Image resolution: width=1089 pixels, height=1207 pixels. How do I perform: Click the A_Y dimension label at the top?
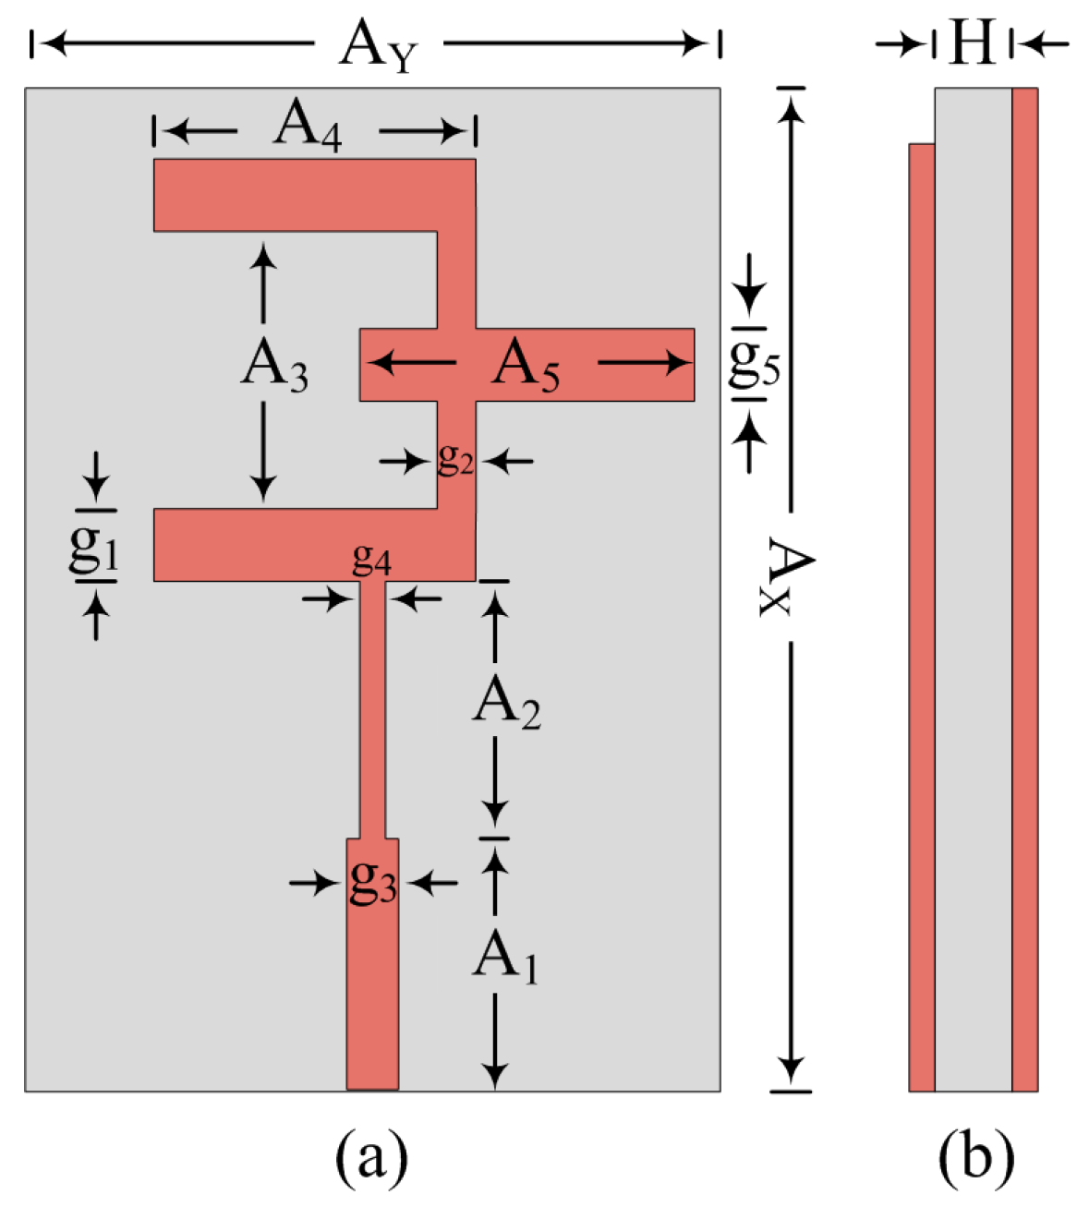[x=378, y=45]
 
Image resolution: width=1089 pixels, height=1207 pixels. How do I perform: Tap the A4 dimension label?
[x=308, y=127]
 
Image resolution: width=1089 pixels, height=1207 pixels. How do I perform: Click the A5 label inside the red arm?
[x=526, y=366]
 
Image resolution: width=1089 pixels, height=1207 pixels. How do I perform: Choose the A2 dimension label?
[x=506, y=706]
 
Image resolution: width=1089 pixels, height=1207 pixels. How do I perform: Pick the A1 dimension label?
[x=505, y=958]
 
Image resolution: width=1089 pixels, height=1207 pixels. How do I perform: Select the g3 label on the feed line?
[x=373, y=881]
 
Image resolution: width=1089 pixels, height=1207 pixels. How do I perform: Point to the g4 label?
[x=371, y=559]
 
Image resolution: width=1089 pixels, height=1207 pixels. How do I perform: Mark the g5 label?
[x=754, y=364]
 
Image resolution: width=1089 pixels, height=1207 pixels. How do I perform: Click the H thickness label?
[x=972, y=43]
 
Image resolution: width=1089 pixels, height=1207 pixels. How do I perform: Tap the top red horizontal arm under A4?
[x=296, y=195]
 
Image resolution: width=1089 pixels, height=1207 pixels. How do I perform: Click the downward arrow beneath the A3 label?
[x=264, y=453]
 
